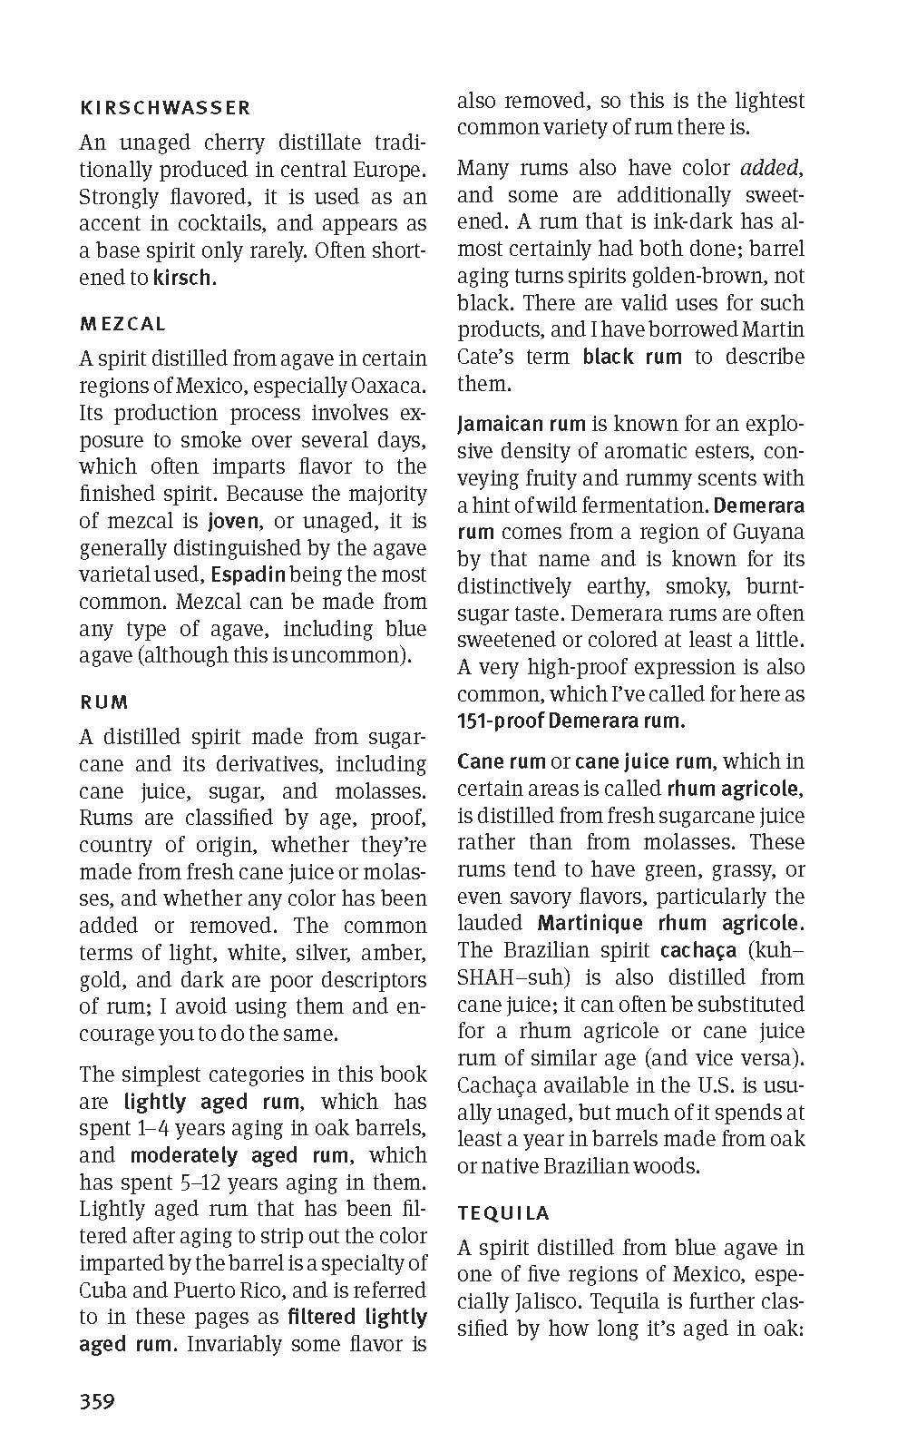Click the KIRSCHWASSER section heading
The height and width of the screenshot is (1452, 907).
pyautogui.click(x=165, y=108)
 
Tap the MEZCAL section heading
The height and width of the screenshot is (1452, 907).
pyautogui.click(x=123, y=324)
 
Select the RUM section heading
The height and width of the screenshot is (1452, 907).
pyautogui.click(x=104, y=702)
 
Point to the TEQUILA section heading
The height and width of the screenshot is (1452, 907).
pyautogui.click(x=503, y=1213)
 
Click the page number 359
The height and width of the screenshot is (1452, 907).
pyautogui.click(x=97, y=1401)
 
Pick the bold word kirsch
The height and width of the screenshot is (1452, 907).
pyautogui.click(x=184, y=278)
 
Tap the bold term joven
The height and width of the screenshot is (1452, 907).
pyautogui.click(x=233, y=521)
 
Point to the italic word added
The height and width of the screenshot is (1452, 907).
pyautogui.click(x=770, y=168)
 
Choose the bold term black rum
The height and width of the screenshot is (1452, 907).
pyautogui.click(x=632, y=357)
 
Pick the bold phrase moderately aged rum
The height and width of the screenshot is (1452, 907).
pyautogui.click(x=239, y=1155)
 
